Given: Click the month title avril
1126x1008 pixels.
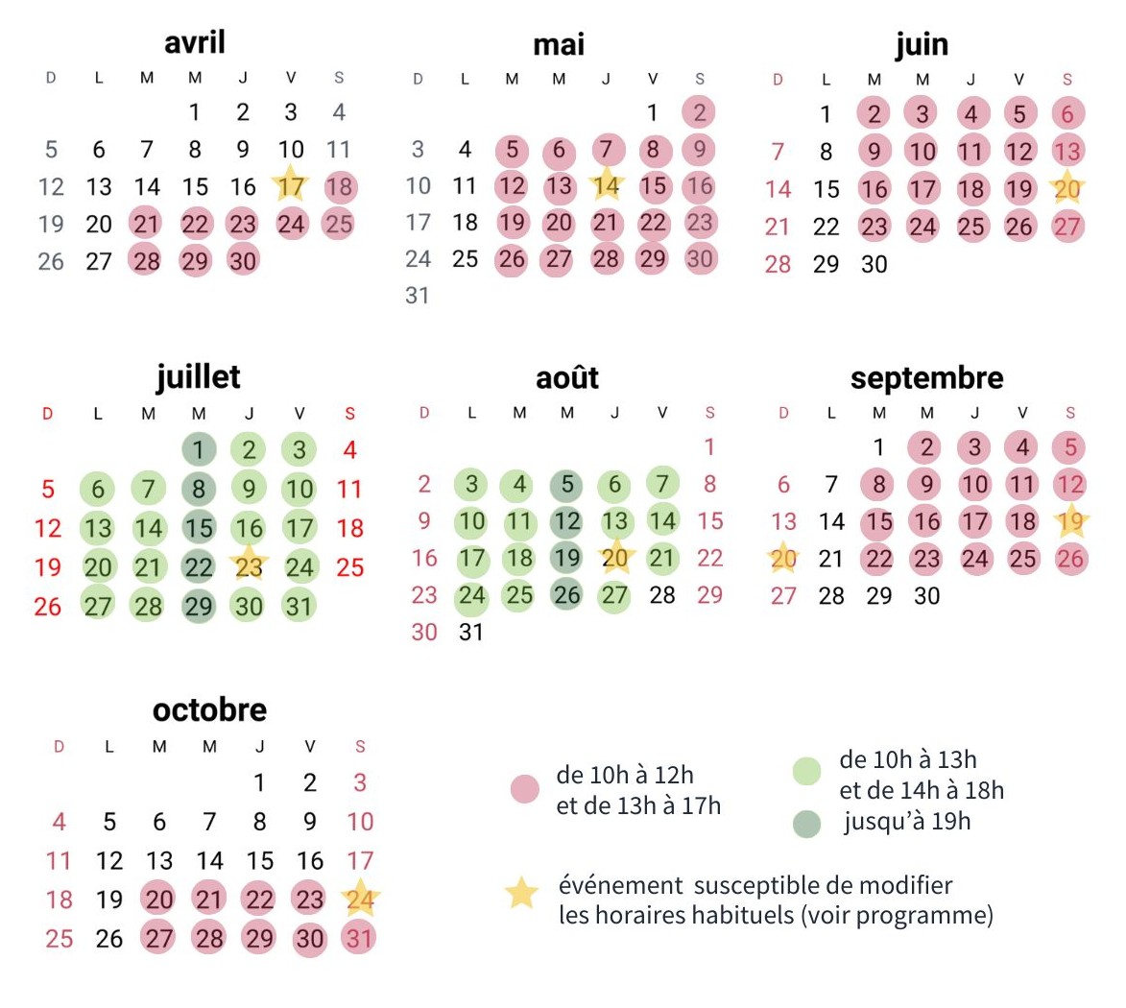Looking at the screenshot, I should [195, 43].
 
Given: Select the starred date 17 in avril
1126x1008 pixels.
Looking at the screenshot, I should [291, 186].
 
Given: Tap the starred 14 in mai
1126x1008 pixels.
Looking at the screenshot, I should [606, 185].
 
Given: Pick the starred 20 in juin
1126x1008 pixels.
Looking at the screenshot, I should [1067, 189].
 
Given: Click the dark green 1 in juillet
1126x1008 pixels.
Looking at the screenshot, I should [199, 449].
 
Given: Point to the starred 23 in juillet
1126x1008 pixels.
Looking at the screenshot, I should [249, 566].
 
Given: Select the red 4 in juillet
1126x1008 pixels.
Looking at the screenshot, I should [349, 449].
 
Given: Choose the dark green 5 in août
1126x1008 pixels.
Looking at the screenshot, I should [567, 484].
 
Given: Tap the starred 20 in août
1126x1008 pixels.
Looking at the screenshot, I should [615, 558].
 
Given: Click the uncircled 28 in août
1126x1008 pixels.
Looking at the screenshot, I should [662, 595].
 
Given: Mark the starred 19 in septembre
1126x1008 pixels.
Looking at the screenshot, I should [1070, 522].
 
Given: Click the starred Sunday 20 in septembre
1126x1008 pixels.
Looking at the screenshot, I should [784, 559].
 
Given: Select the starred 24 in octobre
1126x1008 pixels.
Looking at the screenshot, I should [360, 900].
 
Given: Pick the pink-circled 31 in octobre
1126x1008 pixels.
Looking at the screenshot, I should [359, 938].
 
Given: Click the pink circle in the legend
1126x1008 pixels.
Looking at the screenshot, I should [524, 790].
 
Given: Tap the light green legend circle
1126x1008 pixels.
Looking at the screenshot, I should [807, 771].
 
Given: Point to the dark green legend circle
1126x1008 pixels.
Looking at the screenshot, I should [807, 823].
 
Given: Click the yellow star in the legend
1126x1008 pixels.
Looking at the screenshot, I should [522, 894].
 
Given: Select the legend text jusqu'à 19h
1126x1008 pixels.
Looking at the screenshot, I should [907, 822].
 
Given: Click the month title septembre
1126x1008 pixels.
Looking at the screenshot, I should [926, 377].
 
